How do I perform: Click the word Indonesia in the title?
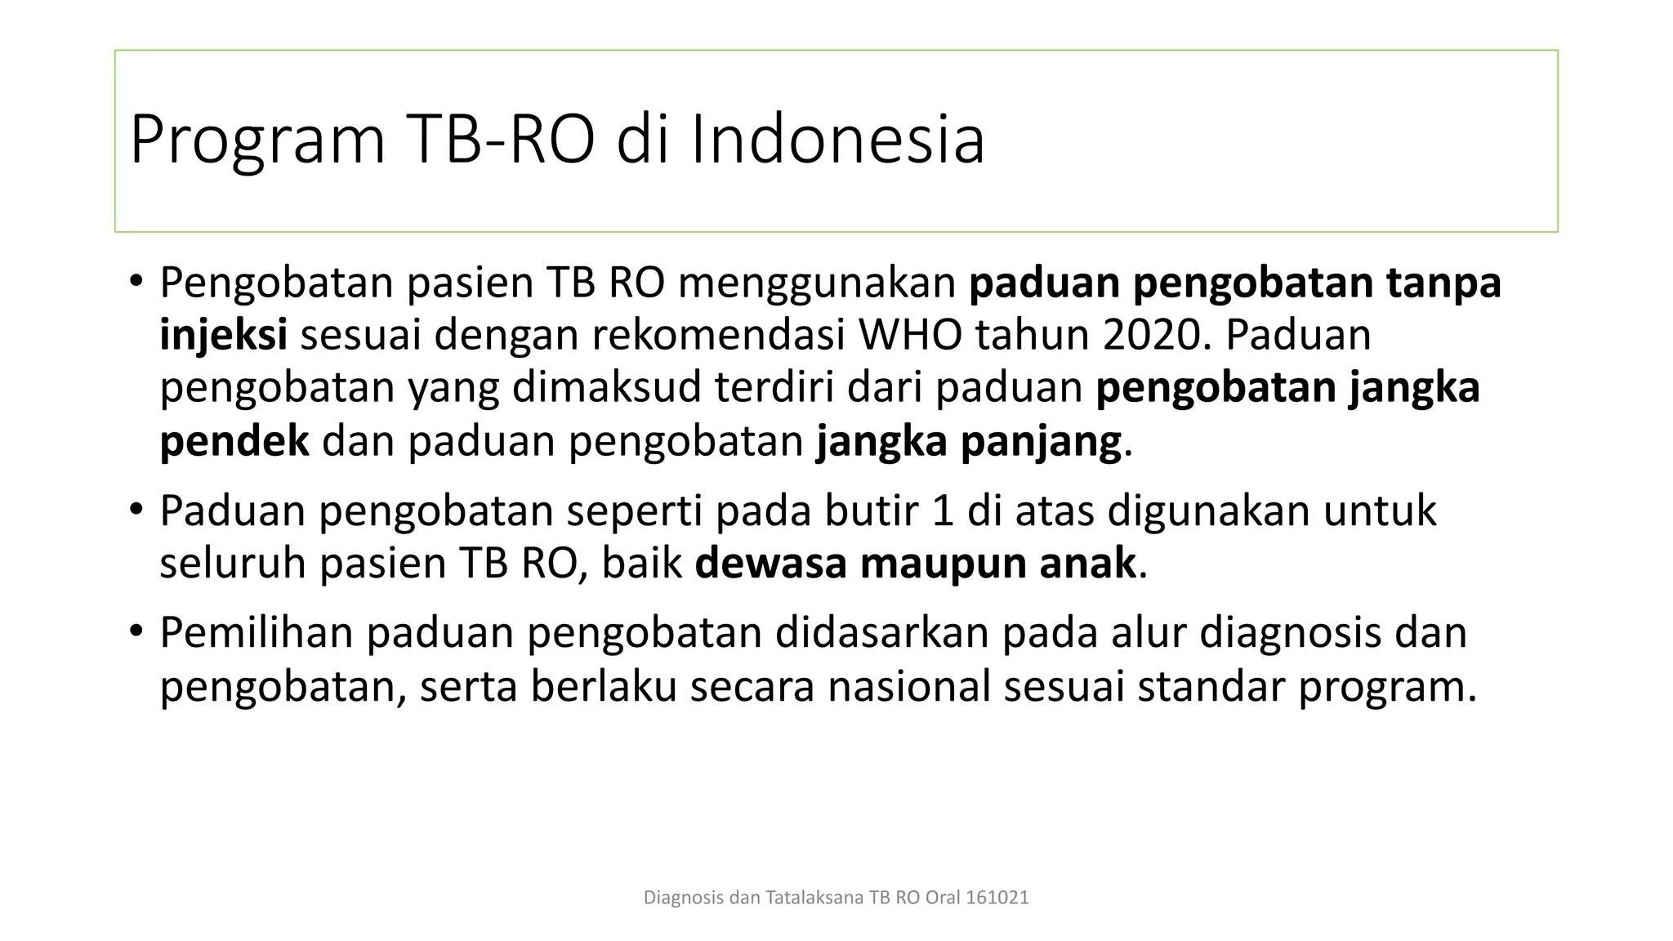(x=837, y=140)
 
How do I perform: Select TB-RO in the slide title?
(x=499, y=140)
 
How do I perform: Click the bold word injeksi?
(x=223, y=335)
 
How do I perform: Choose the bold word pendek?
(x=234, y=441)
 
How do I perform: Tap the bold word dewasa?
(x=770, y=563)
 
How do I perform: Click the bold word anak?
(x=1087, y=563)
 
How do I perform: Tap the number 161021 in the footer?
(x=997, y=898)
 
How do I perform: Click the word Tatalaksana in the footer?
(x=814, y=898)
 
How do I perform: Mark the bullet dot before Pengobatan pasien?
(x=136, y=283)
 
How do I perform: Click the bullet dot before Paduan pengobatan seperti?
(x=136, y=511)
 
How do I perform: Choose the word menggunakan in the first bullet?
(x=817, y=283)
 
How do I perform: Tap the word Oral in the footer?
(x=943, y=898)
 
